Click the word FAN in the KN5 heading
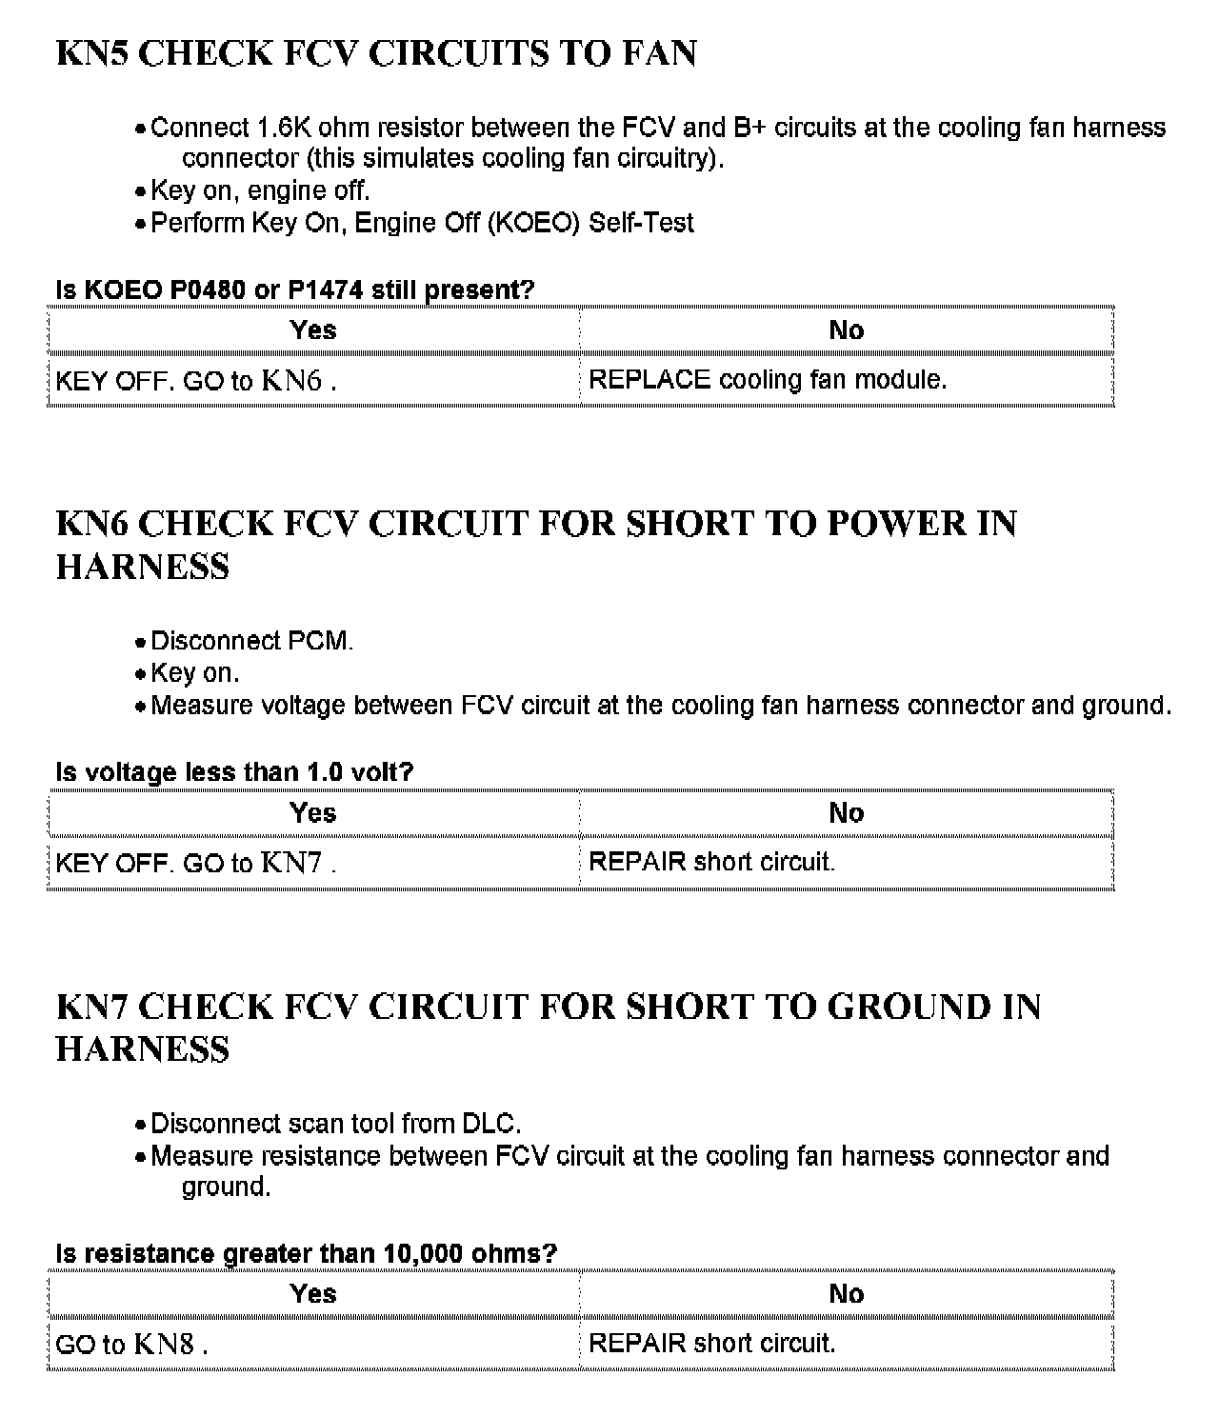pyautogui.click(x=659, y=53)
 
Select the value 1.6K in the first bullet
pyautogui.click(x=284, y=128)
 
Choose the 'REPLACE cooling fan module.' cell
pyautogui.click(x=768, y=380)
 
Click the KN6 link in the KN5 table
pyautogui.click(x=291, y=381)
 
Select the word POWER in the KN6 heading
pyautogui.click(x=896, y=524)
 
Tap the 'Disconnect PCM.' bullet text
pyautogui.click(x=251, y=641)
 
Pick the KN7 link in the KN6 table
pyautogui.click(x=291, y=863)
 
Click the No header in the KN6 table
pyautogui.click(x=846, y=813)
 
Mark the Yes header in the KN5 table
pyautogui.click(x=313, y=330)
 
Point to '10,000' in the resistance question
pyautogui.click(x=423, y=1253)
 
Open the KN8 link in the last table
pyautogui.click(x=164, y=1344)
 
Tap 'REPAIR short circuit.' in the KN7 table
pyautogui.click(x=711, y=1344)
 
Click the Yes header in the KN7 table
pyautogui.click(x=313, y=1294)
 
